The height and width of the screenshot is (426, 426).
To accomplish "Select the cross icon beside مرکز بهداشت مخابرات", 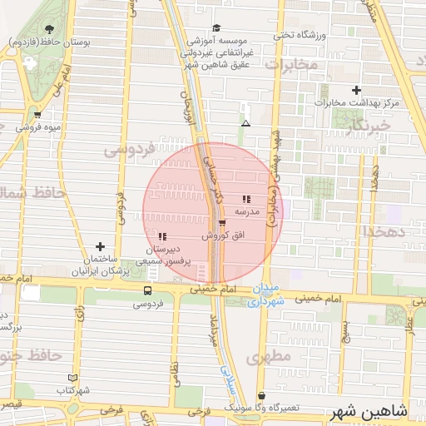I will (357, 90).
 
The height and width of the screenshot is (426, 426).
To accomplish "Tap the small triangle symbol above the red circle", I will (245, 123).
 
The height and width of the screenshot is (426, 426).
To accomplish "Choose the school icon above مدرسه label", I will (246, 199).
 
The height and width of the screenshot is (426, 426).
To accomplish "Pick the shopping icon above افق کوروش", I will (222, 223).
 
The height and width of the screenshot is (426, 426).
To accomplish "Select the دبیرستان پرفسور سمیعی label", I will (162, 255).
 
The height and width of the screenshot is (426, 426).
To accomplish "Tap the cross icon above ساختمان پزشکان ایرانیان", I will (101, 246).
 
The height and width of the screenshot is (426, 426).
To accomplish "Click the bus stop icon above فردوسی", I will (147, 290).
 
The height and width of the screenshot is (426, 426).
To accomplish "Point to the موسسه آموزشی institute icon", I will (216, 28).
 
